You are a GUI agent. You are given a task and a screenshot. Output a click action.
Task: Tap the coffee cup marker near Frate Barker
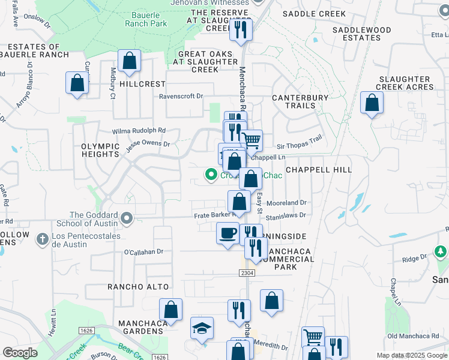click(228, 233)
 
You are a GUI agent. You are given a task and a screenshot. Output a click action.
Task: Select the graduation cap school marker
click(202, 328)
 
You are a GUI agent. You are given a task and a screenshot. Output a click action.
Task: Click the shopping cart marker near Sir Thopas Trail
click(252, 141)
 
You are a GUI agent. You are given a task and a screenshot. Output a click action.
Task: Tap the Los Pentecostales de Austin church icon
click(42, 240)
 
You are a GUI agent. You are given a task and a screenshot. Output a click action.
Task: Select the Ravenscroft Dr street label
click(181, 96)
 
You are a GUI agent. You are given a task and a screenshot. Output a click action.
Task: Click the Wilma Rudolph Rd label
click(139, 130)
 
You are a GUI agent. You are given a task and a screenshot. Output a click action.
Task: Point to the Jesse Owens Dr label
click(148, 144)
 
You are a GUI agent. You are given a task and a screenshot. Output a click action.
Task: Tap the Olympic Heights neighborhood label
click(100, 150)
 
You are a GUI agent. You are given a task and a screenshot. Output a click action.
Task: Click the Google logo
click(20, 353)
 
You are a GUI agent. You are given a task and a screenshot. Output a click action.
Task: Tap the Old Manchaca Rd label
click(412, 335)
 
